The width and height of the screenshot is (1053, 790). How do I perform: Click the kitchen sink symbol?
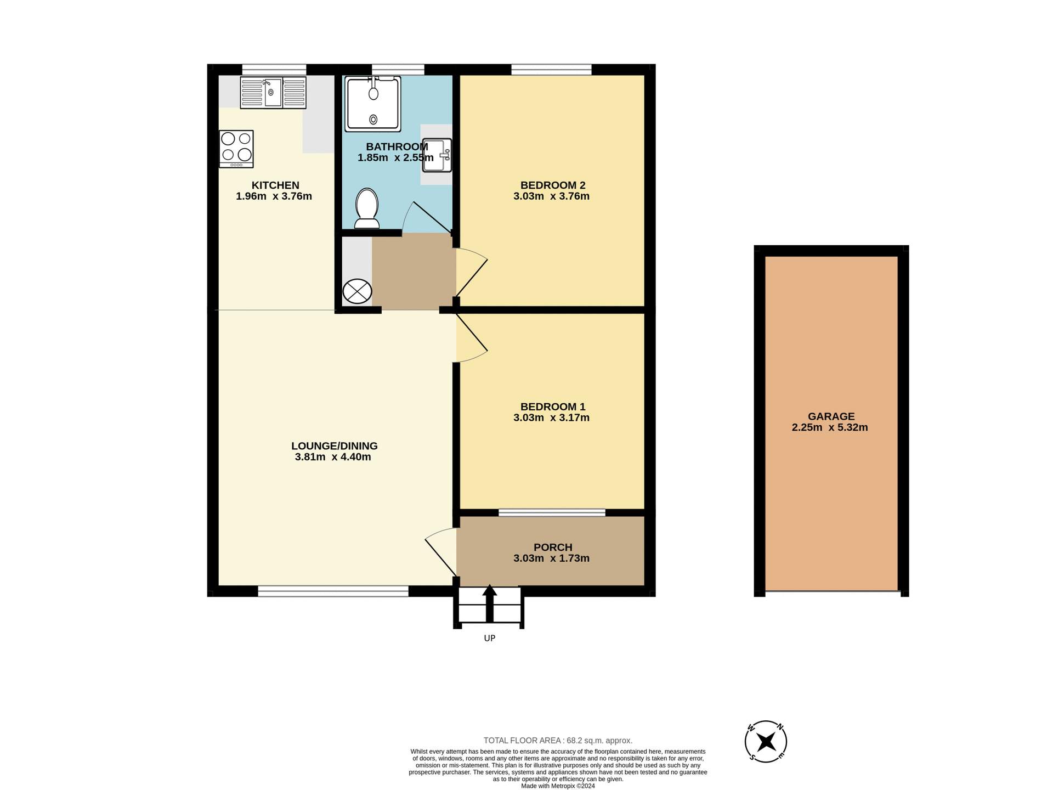click(273, 92)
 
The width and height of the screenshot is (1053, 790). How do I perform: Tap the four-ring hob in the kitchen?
click(236, 148)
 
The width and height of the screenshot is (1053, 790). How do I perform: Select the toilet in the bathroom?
click(367, 208)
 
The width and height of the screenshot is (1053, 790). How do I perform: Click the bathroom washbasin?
click(437, 155)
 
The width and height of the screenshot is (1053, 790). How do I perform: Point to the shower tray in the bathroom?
click(372, 104)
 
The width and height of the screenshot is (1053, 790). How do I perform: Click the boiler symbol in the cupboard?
click(357, 291)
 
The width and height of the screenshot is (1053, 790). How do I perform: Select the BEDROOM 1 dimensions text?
click(551, 417)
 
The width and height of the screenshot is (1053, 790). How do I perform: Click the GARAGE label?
click(830, 416)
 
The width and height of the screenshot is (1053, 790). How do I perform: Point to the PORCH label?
click(552, 547)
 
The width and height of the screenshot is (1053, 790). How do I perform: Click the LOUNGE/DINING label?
click(334, 446)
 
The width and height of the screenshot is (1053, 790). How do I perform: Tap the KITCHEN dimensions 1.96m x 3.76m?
click(274, 196)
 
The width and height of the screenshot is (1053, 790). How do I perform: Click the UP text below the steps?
click(489, 638)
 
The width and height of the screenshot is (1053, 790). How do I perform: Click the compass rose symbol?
click(766, 742)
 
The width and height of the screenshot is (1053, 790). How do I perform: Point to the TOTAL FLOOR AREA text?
click(557, 740)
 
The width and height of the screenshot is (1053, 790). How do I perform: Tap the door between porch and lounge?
click(441, 551)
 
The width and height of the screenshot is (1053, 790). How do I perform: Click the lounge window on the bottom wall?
click(333, 591)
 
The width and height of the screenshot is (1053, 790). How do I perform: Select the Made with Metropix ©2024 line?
click(557, 786)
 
